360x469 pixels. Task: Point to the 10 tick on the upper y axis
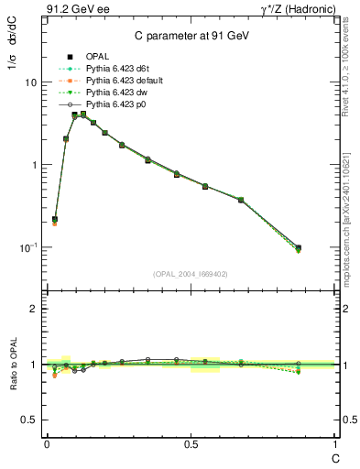pos(29,82)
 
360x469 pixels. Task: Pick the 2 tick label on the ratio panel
pos(34,309)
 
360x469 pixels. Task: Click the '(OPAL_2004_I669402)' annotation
pos(190,273)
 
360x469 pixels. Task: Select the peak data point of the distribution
pos(74,115)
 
